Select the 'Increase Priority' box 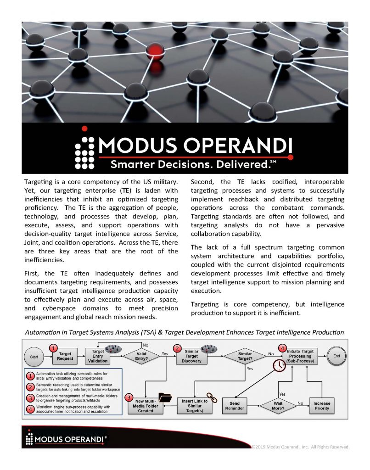click(322, 406)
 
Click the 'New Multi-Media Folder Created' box click(147, 405)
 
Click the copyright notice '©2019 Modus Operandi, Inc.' click(300, 446)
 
